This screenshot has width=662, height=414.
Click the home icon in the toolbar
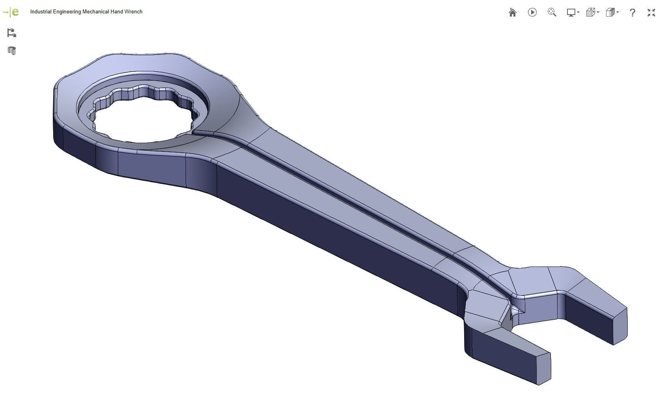coord(512,13)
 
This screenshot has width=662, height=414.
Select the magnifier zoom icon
coord(552,13)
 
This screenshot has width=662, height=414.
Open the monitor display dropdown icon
coord(572,13)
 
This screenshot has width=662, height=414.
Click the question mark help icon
coord(632,13)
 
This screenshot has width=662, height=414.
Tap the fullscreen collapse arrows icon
coord(651,13)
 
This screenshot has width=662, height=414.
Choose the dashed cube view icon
coord(592,13)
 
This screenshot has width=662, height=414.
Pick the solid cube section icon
coord(612,13)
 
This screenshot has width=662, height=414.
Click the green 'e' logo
coord(15,12)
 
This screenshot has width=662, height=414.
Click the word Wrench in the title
coord(133,12)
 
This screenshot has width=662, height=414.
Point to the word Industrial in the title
coord(41,12)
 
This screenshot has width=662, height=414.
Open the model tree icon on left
coord(11,33)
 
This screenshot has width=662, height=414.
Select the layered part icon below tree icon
coord(11,51)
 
